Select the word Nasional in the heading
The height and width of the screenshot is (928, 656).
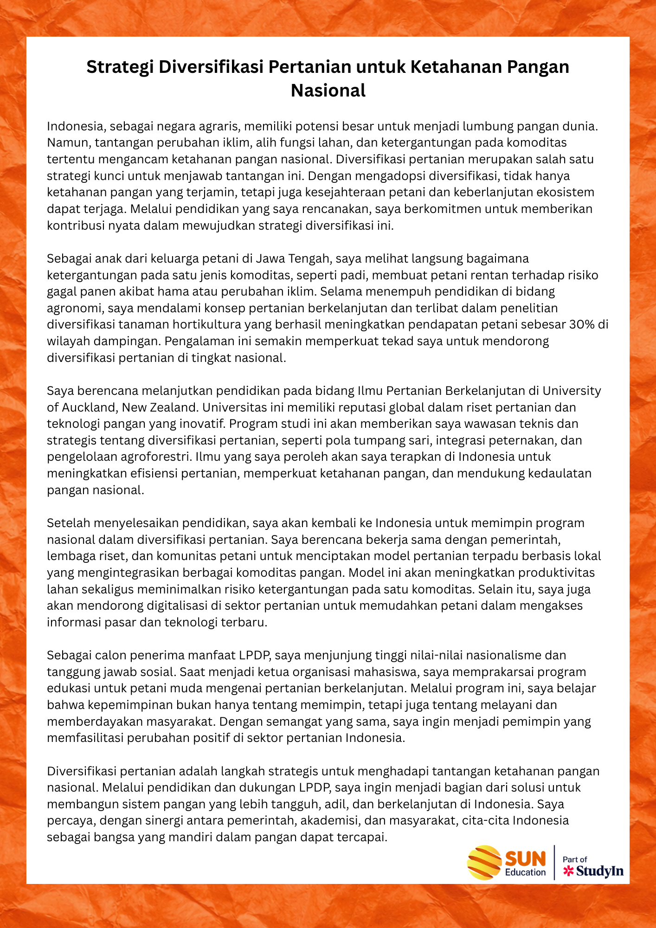pyautogui.click(x=328, y=90)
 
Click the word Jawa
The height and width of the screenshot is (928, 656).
pyautogui.click(x=270, y=258)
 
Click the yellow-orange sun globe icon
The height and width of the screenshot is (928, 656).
pyautogui.click(x=484, y=863)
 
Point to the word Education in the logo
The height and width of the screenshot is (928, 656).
pyautogui.click(x=525, y=872)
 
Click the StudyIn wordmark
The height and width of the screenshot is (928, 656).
pyautogui.click(x=600, y=871)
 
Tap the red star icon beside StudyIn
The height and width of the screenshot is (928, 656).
pyautogui.click(x=568, y=871)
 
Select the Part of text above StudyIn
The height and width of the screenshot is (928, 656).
pyautogui.click(x=575, y=859)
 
